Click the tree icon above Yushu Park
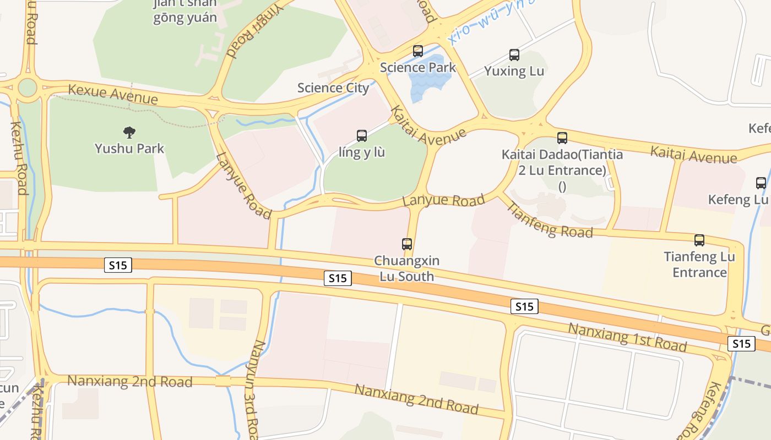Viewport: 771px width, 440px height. point(129,132)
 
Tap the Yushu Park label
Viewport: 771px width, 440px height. point(129,148)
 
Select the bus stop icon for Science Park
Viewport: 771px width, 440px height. point(418,51)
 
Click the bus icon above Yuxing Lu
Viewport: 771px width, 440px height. point(514,55)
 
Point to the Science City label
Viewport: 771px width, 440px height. point(333,87)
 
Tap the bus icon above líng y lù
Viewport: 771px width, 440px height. point(362,136)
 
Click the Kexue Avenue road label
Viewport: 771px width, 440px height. point(112,94)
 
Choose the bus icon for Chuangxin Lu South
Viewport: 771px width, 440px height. point(407,244)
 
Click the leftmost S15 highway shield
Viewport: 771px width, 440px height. point(118,265)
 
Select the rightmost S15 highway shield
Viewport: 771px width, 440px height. point(741,344)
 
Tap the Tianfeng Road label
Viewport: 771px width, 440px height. point(549,220)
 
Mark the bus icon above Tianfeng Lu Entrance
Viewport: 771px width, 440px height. point(699,240)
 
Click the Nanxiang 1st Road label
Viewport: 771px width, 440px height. point(627,337)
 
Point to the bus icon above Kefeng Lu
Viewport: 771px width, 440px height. point(761,183)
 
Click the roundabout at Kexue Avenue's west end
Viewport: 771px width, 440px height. point(26,87)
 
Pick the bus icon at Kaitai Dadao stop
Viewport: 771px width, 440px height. point(562,137)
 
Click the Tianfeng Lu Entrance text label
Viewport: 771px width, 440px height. point(699,265)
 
